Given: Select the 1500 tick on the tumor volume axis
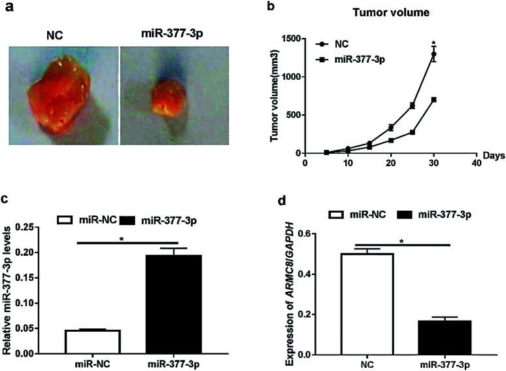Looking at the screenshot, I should (x=292, y=39).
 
